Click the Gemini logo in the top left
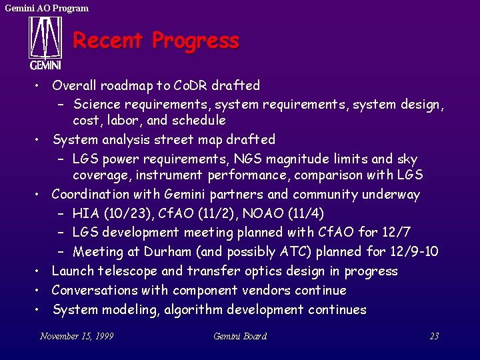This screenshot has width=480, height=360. [45, 43]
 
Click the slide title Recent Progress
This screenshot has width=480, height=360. [155, 41]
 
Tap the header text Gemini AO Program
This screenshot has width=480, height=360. [47, 8]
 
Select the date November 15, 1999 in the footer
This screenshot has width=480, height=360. [77, 336]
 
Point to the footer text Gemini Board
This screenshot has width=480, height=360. [240, 336]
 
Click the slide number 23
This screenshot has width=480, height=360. [434, 336]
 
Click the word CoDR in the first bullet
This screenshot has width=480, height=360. [191, 85]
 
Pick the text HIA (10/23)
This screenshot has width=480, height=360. [105, 213]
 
